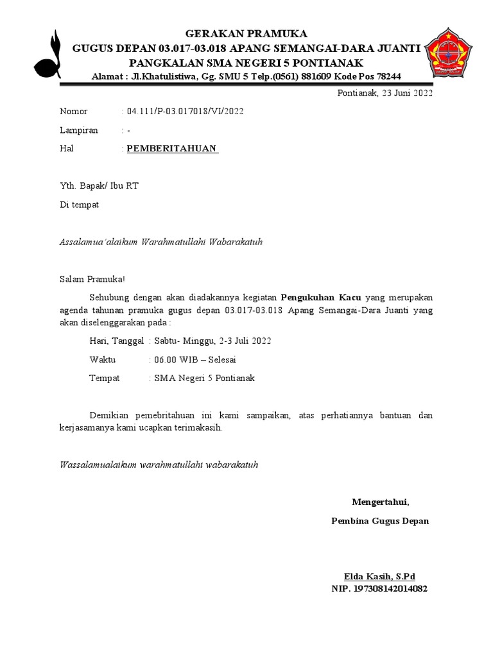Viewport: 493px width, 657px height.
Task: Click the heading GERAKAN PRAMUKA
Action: point(246,33)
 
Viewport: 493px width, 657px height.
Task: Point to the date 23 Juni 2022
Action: point(407,93)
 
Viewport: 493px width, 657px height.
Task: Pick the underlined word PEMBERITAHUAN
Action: point(171,149)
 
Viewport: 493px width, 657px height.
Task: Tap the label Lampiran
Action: point(79,130)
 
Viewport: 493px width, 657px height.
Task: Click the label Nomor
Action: point(73,112)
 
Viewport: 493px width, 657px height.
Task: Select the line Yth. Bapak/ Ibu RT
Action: point(99,186)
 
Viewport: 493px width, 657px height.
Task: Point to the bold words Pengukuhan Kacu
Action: point(321,298)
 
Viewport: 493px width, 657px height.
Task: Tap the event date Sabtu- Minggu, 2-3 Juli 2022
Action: point(212,341)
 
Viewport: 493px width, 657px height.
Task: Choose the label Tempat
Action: point(105,378)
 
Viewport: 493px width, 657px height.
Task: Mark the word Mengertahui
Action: point(380,502)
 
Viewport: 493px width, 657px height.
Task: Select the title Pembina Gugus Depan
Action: point(380,521)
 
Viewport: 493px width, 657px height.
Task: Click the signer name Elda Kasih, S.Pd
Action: point(380,576)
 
